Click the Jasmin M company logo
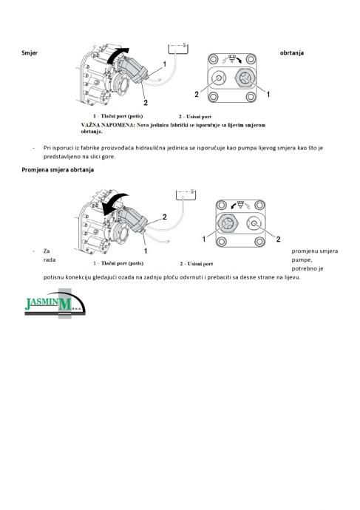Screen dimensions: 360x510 [55, 304]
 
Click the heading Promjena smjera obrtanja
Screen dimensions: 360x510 [58, 170]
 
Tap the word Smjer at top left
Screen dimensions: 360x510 [30, 52]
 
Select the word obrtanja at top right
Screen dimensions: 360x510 [292, 52]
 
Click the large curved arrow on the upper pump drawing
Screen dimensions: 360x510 [116, 55]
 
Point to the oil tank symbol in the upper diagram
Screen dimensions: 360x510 [178, 49]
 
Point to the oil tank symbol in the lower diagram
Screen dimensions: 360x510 [186, 194]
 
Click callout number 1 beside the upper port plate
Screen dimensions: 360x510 [268, 95]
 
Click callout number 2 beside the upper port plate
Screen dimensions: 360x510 [197, 95]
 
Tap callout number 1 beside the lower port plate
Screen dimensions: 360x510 [204, 239]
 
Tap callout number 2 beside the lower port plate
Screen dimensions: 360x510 [278, 239]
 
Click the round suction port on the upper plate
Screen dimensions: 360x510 [219, 78]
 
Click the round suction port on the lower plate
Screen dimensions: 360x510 [254, 223]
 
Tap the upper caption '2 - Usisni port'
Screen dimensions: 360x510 [195, 117]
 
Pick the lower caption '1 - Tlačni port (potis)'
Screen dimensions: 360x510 [118, 263]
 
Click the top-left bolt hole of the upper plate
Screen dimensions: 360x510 [214, 59]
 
